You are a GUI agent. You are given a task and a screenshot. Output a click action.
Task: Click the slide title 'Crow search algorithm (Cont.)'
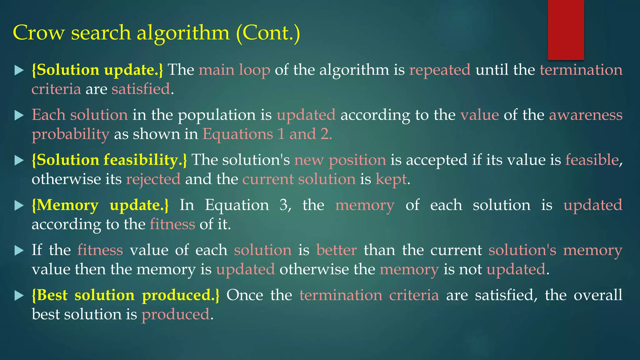156,33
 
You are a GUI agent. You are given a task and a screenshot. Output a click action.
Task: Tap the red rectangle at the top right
566,30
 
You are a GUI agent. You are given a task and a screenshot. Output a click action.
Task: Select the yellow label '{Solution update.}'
97,70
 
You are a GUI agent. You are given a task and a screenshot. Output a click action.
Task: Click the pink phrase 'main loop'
234,70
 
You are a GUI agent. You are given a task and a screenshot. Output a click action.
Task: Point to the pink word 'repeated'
440,70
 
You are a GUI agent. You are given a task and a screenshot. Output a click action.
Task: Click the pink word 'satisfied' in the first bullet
141,89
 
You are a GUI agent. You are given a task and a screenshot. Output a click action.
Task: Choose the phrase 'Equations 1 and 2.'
267,134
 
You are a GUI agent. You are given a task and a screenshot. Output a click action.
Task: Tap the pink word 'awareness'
586,115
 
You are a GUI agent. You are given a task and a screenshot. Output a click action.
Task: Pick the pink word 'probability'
71,135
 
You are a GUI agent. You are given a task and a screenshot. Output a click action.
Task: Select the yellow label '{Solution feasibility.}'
109,160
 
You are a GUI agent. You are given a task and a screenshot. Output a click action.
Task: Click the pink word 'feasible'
592,160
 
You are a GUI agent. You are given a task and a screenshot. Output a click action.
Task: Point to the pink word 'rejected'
153,179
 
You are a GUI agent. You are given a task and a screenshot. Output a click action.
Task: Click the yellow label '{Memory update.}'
100,205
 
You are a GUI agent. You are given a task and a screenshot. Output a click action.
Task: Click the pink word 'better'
336,250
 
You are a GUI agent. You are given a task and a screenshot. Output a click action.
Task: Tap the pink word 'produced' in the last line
175,314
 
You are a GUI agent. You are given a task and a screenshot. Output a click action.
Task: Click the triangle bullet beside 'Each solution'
19,115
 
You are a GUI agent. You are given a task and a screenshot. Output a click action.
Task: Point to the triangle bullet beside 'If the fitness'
19,250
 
